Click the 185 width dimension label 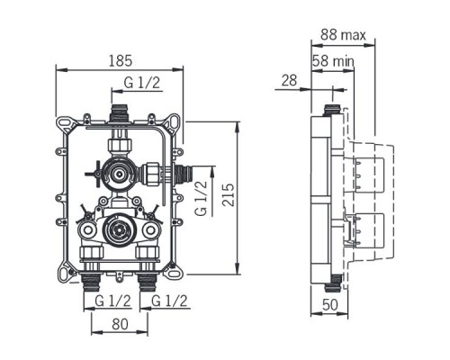point(120,60)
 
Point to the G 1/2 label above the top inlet point(141,84)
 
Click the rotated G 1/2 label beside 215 point(202,195)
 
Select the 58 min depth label point(333,60)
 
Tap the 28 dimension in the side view point(289,82)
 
